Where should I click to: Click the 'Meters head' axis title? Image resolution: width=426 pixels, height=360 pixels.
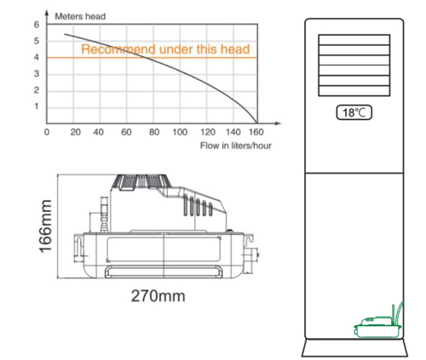coord(80,16)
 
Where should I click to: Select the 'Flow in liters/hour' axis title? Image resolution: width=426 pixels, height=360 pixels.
coord(236,146)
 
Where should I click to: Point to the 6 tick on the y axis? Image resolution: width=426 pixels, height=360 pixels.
coord(37,25)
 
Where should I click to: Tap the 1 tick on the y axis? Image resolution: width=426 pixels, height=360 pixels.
coord(37,106)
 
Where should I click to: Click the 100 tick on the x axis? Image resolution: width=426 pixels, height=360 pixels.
coord(180,132)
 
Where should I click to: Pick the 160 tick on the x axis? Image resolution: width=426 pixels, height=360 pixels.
coord(256,132)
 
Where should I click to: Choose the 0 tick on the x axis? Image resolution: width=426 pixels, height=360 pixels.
coord(47,132)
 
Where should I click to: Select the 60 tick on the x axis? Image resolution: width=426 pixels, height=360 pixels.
coord(126,132)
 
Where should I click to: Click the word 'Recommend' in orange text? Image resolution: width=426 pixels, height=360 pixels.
coord(118,49)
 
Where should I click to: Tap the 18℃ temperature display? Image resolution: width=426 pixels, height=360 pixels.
coord(354,112)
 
